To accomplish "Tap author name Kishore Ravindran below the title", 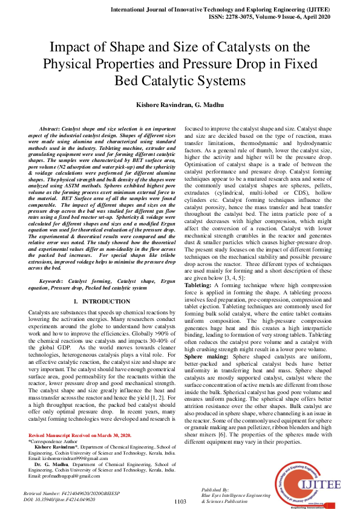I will coord(151,105).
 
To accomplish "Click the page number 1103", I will coord(180,501).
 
